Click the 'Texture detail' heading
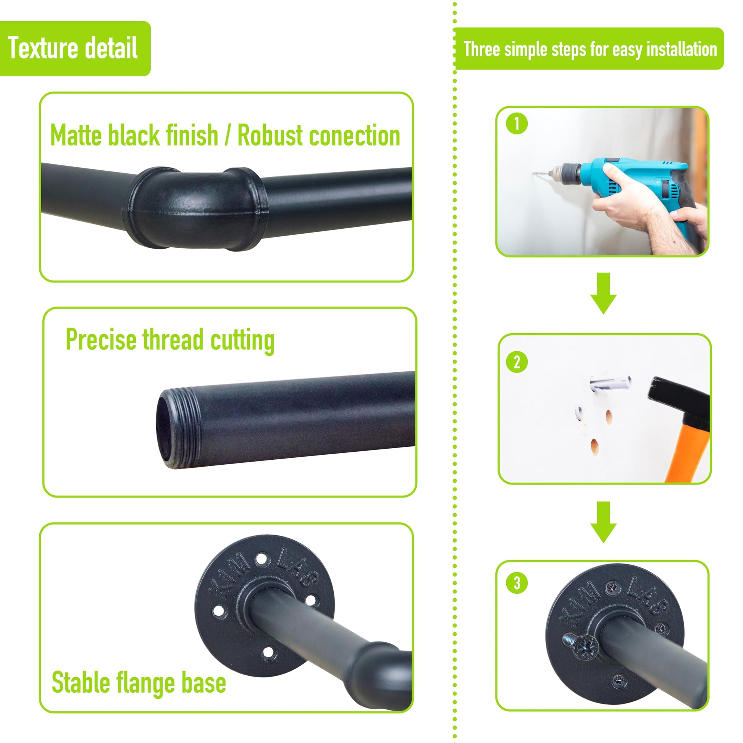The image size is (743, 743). tap(73, 48)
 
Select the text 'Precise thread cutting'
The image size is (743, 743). tap(170, 340)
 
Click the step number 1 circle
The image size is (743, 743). tap(517, 124)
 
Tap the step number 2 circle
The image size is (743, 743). tap(517, 362)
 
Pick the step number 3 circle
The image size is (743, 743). tap(517, 583)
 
